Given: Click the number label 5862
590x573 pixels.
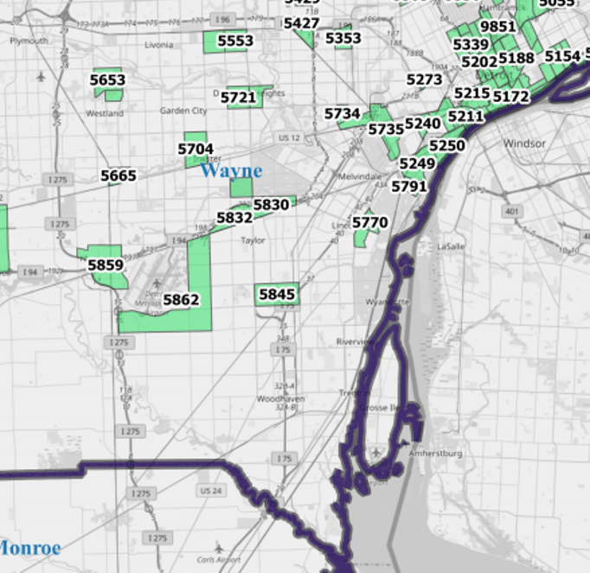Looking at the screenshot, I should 181,300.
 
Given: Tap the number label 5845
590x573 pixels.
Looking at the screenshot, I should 277,295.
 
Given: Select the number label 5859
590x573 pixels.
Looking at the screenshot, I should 106,265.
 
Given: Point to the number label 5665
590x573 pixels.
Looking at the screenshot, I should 119,176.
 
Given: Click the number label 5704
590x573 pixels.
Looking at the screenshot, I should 196,149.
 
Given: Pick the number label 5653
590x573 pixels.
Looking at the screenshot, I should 107,80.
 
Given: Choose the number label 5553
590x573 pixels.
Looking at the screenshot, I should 235,41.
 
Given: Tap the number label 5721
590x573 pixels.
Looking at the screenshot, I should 239,98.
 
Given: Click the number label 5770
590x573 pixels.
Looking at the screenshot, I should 369,222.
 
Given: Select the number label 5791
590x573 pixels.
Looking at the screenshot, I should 409,186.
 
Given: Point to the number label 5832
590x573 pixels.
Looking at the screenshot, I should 234,218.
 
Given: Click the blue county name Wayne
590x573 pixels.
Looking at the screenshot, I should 230,171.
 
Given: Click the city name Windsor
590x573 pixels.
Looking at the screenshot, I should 524,143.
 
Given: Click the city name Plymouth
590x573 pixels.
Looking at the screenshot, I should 29,41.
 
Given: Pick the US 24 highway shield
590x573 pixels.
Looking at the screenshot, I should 210,491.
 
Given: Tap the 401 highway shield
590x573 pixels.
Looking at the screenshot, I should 512,211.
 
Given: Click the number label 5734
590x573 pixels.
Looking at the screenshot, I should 343,113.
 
